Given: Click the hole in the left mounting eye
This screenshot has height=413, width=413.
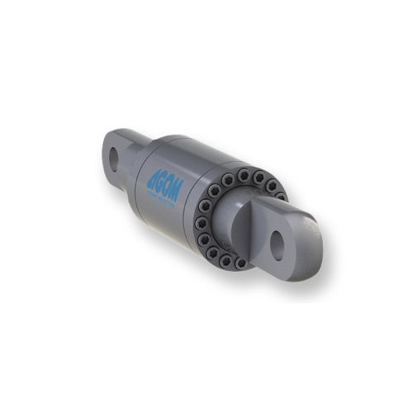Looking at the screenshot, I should pos(113,159).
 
